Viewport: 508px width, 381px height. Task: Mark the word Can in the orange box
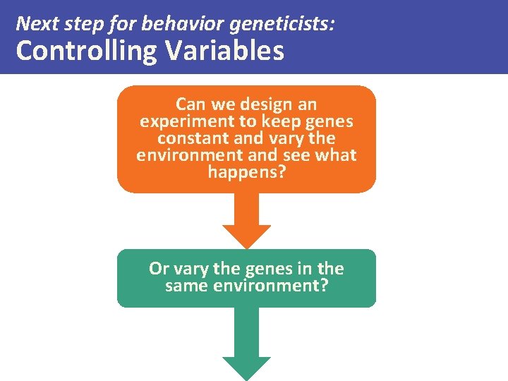point(190,104)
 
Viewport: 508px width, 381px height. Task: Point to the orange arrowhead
point(247,235)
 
